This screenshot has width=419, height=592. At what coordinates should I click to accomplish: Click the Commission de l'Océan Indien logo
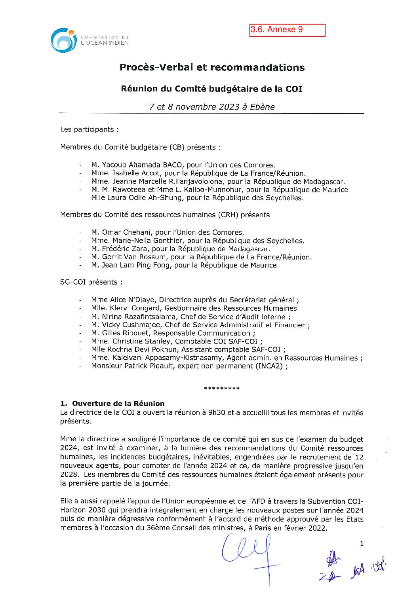coord(63,40)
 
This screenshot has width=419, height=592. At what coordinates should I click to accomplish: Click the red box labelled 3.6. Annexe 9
coord(287,30)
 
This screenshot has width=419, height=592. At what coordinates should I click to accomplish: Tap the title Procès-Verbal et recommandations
coord(212,67)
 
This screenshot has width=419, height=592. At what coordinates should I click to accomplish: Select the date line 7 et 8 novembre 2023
coord(212,107)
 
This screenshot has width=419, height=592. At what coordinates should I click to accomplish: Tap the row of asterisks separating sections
coord(221,389)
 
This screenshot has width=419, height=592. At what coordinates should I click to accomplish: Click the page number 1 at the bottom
coord(361,544)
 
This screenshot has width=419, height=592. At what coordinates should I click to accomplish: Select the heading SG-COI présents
coord(91,282)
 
